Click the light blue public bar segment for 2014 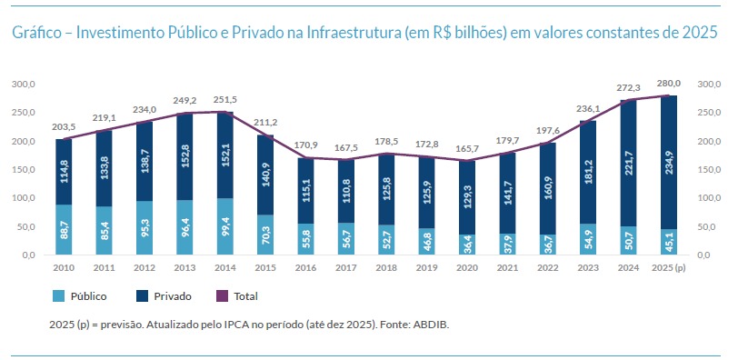[225, 226]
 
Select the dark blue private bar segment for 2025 [669, 163]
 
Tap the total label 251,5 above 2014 [225, 99]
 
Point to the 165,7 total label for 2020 [467, 149]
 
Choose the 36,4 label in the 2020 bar [467, 245]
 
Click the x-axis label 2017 [346, 268]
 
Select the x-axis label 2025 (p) [669, 268]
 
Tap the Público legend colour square [58, 296]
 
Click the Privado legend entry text [173, 296]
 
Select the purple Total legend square [222, 296]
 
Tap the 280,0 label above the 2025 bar [669, 84]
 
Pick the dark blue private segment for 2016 [306, 191]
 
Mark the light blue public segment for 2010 [64, 230]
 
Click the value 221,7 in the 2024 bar [628, 163]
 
